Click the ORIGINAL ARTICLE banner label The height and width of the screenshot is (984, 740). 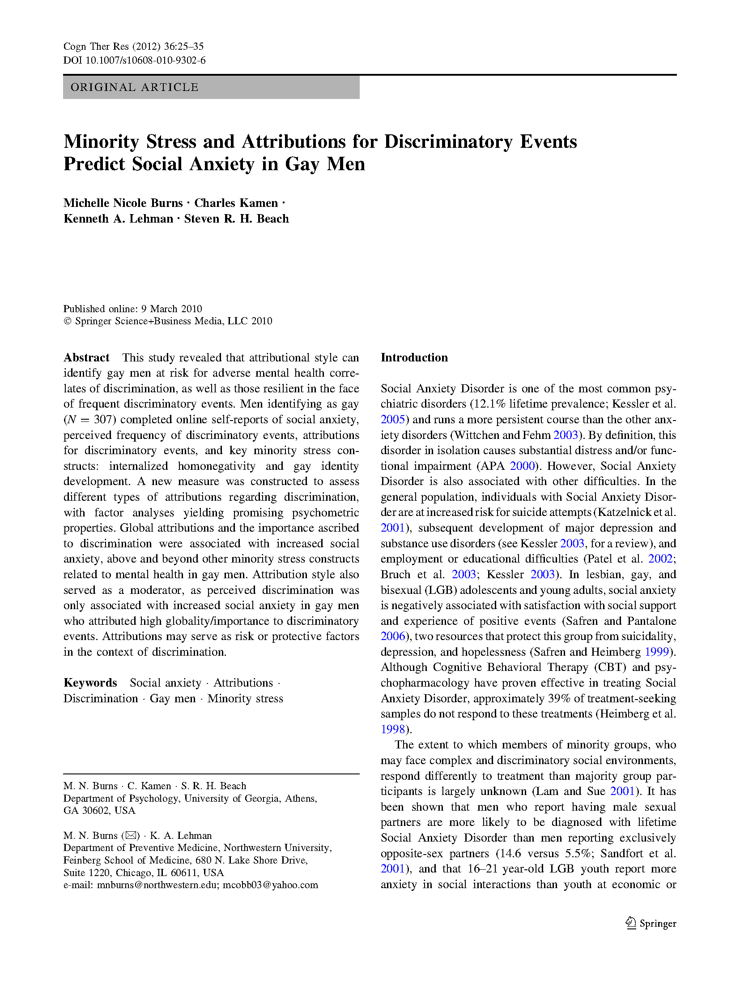tap(134, 87)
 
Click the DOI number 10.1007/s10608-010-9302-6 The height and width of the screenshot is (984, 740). tap(145, 60)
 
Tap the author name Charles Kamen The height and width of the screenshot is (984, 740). tap(236, 203)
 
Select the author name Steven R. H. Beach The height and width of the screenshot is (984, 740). tap(236, 219)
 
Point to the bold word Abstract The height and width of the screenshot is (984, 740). tap(86, 357)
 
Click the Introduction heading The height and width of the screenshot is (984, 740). tap(414, 357)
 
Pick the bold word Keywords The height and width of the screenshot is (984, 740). tap(90, 683)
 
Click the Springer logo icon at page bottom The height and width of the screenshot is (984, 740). tap(631, 923)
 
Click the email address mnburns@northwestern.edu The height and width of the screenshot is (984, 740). tap(157, 885)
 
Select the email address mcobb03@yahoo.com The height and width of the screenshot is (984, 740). tap(270, 885)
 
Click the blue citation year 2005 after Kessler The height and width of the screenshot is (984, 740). tap(392, 420)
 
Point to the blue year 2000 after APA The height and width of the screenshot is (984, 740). tap(522, 466)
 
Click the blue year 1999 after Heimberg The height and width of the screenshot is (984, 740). tap(656, 652)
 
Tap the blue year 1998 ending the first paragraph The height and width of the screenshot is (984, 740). tap(392, 729)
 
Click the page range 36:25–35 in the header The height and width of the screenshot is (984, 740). tap(183, 46)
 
